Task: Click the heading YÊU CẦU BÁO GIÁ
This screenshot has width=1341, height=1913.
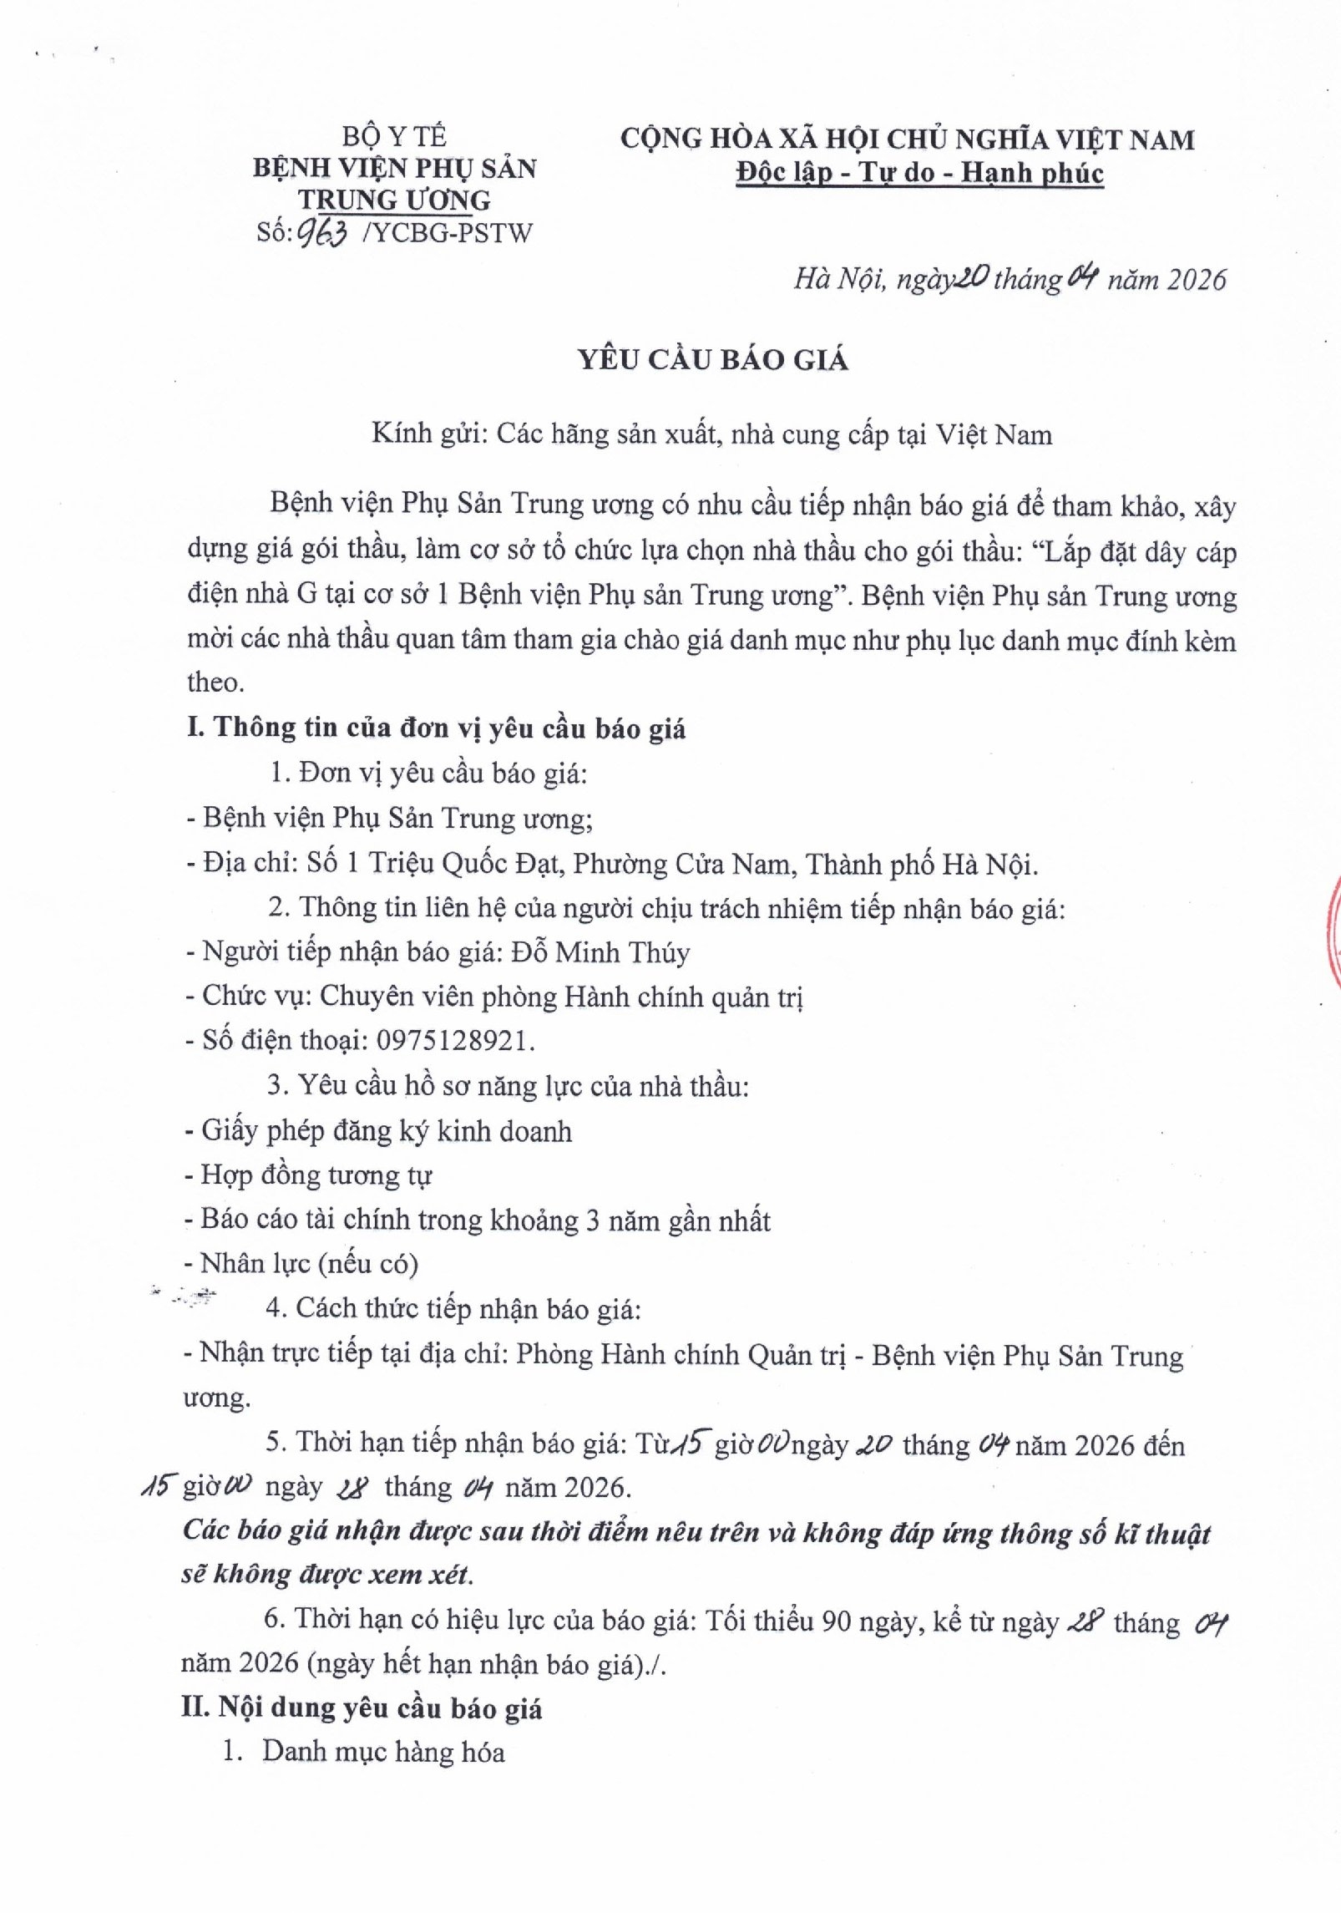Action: (714, 360)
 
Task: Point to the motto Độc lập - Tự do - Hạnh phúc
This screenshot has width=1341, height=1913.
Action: (919, 173)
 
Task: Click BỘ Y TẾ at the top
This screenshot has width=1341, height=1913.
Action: (394, 136)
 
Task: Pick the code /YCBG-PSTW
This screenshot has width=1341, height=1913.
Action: (448, 233)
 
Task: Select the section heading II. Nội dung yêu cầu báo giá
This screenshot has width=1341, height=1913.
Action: (362, 1708)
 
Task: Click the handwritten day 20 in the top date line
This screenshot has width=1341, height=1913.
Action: (971, 278)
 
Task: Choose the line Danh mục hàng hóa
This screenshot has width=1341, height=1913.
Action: (383, 1752)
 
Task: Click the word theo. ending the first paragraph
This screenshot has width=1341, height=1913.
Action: (215, 682)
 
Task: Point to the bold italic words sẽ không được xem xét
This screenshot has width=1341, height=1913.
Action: (326, 1575)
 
